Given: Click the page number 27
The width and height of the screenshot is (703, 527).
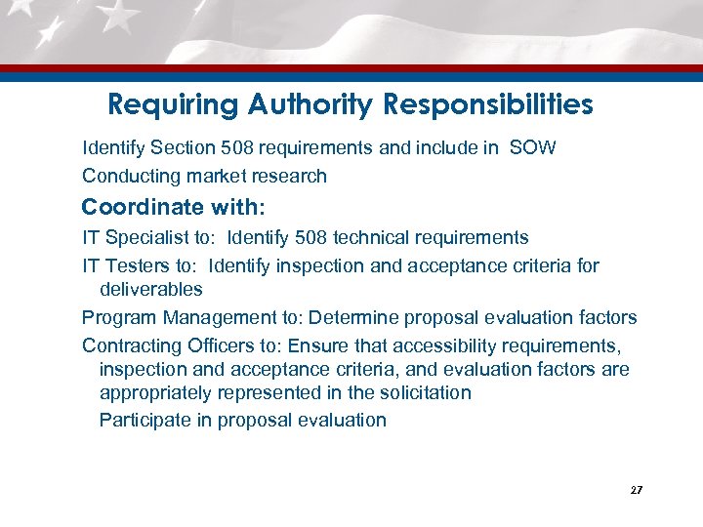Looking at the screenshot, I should click(x=637, y=490).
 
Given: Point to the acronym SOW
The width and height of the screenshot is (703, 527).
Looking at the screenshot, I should click(x=533, y=149).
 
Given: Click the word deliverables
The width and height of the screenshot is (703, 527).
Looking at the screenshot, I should click(x=150, y=289).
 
